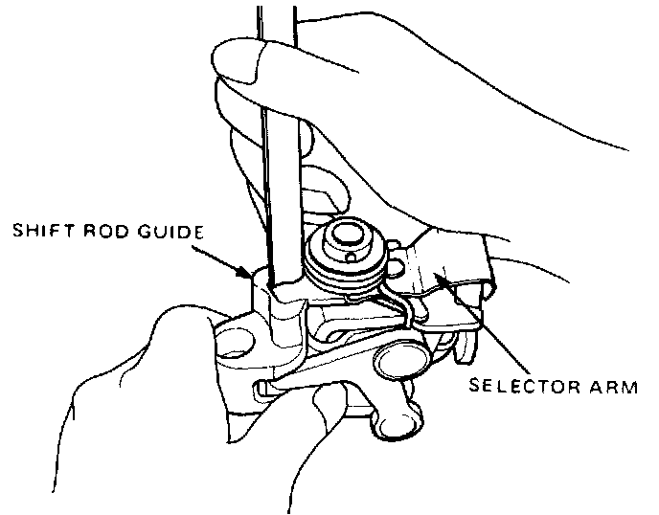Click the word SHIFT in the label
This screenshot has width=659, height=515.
(41, 233)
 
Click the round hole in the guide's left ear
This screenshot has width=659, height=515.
(236, 340)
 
